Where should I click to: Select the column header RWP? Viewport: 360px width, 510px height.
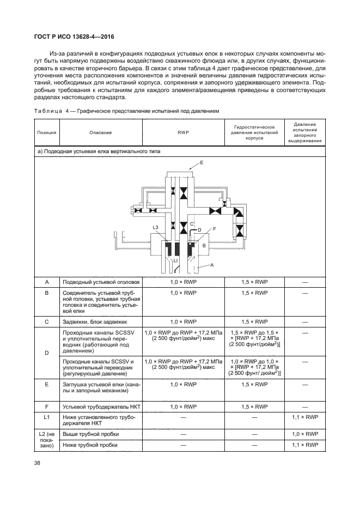[183, 132]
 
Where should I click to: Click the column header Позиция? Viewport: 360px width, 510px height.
[46, 132]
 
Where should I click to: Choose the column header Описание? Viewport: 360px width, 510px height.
[101, 132]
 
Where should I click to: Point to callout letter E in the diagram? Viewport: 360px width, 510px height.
[202, 163]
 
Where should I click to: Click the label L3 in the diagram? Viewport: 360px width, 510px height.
[155, 227]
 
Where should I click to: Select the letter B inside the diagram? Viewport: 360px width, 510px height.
[204, 246]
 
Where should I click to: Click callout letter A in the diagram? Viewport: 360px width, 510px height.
[212, 264]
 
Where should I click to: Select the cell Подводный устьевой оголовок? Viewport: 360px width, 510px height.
[101, 282]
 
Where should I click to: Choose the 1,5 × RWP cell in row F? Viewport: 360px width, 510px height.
[254, 406]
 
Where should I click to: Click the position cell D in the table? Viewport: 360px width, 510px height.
[46, 354]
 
